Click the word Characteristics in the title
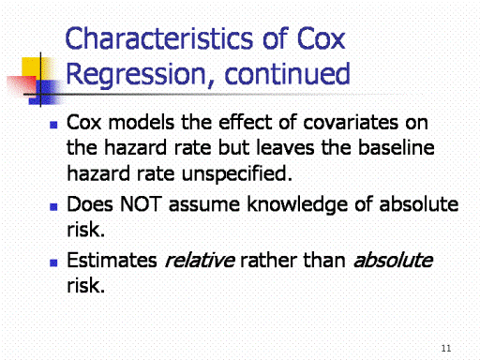(159, 38)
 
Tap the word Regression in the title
(136, 75)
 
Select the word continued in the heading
(287, 74)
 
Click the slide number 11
(446, 348)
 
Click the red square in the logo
(22, 85)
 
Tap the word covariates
(351, 123)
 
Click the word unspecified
(237, 174)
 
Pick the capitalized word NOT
(141, 204)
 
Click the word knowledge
(297, 205)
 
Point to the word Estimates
(112, 260)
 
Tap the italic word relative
(200, 260)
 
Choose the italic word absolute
(394, 260)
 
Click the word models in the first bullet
(141, 122)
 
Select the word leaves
(285, 147)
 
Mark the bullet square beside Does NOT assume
(53, 207)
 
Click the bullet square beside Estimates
(53, 262)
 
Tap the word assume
(204, 205)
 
